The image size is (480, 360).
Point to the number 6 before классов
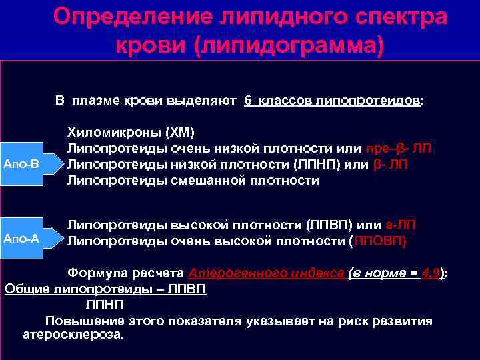(247, 101)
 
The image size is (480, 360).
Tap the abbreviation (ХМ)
(179, 132)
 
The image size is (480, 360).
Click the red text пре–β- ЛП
(399, 148)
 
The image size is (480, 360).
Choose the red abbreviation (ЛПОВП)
(378, 241)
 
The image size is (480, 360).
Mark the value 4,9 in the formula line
(431, 273)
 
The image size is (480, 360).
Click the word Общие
(23, 289)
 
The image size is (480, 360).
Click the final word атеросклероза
(73, 335)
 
